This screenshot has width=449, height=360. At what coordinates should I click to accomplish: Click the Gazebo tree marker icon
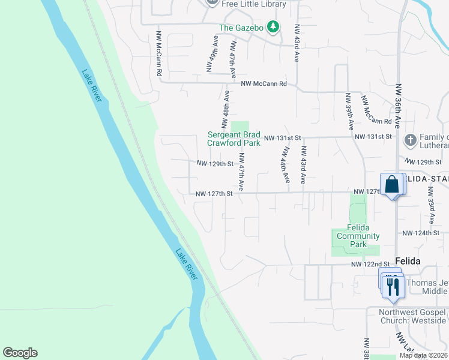point(273,26)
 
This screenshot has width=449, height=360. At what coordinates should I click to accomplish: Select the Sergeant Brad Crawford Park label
point(234,139)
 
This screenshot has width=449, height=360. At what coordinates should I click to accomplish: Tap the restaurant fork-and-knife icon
point(393,286)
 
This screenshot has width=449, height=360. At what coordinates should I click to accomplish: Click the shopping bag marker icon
point(391,184)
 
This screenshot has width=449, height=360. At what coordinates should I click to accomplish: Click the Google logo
point(20,353)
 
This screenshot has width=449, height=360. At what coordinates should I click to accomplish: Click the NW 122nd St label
point(372,264)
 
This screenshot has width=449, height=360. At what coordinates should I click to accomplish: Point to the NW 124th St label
point(422,233)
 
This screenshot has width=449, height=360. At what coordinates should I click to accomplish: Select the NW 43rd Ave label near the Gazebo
point(297,44)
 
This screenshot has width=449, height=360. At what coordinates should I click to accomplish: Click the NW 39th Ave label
point(349,111)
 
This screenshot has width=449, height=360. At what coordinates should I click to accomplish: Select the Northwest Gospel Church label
point(413,316)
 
